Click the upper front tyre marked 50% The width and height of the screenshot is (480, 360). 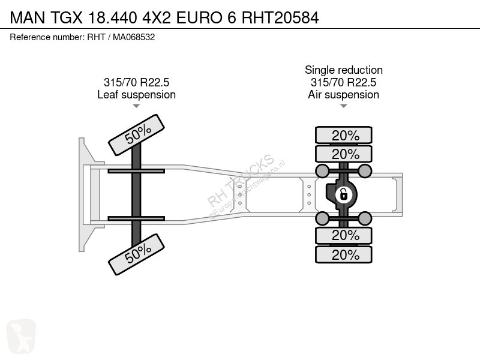pos(137,135)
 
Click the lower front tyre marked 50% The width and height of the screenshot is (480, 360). pos(137,254)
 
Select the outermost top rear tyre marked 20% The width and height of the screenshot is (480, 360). pos(344,135)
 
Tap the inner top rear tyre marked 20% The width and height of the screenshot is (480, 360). pos(344,154)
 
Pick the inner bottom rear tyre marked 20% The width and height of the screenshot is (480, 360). pos(344,235)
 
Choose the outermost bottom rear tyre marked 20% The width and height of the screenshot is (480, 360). pos(344,254)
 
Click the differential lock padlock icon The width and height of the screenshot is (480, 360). pos(343,194)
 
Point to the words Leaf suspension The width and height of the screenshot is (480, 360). pos(137,95)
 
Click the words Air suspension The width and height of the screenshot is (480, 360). pos(343,95)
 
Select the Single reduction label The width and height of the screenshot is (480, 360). pos(344,70)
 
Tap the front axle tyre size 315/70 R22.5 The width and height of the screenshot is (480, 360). pos(137,82)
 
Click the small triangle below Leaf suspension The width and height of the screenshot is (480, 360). pos(136,106)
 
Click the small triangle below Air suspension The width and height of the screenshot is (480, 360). pos(343,106)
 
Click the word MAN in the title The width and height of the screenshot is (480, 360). pos(28,17)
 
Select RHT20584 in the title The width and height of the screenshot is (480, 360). pos(280,17)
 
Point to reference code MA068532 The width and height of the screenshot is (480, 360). pos(134,37)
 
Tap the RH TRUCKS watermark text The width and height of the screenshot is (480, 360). pos(241,181)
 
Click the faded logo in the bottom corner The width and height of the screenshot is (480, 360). pos(21,336)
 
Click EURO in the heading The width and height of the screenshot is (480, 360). pos(199,17)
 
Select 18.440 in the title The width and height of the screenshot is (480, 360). pos(112,17)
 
